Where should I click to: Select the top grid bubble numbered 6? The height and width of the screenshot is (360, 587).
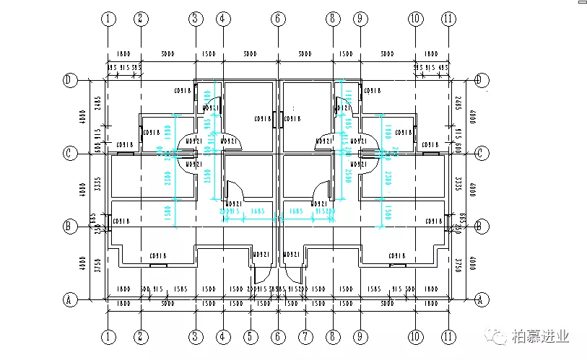click(278, 19)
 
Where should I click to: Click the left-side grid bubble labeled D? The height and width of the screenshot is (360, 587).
click(71, 80)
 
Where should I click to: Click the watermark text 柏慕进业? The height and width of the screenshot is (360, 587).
click(541, 336)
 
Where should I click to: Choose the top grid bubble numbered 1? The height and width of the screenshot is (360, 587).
click(108, 19)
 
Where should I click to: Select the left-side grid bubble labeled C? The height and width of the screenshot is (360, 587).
click(71, 153)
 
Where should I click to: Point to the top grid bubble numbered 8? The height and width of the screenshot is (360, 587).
click(332, 19)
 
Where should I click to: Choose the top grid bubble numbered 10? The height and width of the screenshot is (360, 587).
click(414, 19)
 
